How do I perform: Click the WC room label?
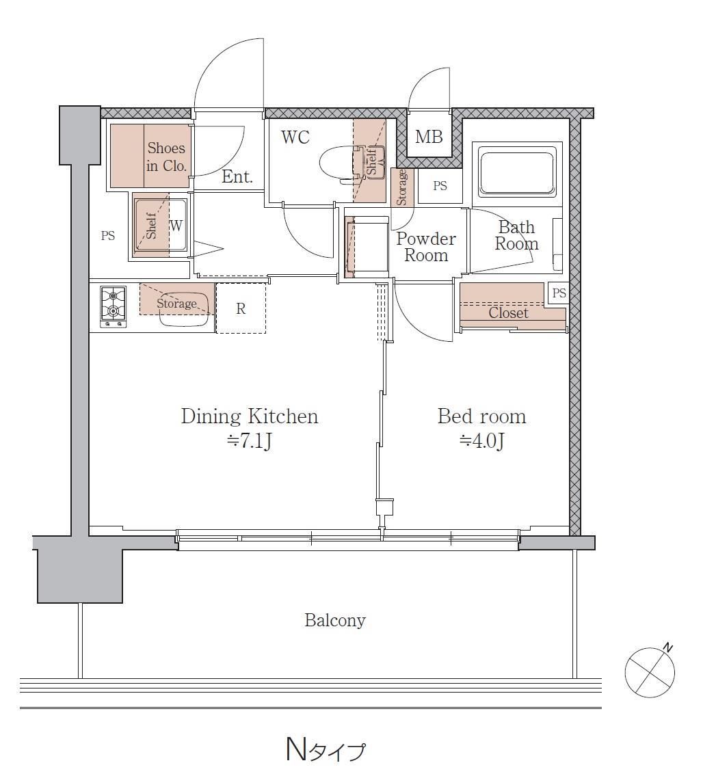(x=295, y=137)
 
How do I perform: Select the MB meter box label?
(x=429, y=136)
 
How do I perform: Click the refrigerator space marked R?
(x=241, y=308)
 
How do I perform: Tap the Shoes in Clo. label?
(x=166, y=157)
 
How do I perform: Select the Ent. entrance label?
(x=237, y=176)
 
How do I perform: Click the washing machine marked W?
(x=159, y=226)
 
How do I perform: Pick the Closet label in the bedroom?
(x=508, y=312)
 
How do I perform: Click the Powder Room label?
(x=426, y=247)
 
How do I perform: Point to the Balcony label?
(x=335, y=620)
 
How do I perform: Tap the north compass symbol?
(x=650, y=671)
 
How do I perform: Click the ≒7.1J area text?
(x=249, y=440)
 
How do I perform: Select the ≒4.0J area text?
(x=481, y=440)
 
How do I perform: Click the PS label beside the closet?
(x=559, y=293)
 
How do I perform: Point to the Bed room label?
(x=481, y=416)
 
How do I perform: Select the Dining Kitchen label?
(x=250, y=416)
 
